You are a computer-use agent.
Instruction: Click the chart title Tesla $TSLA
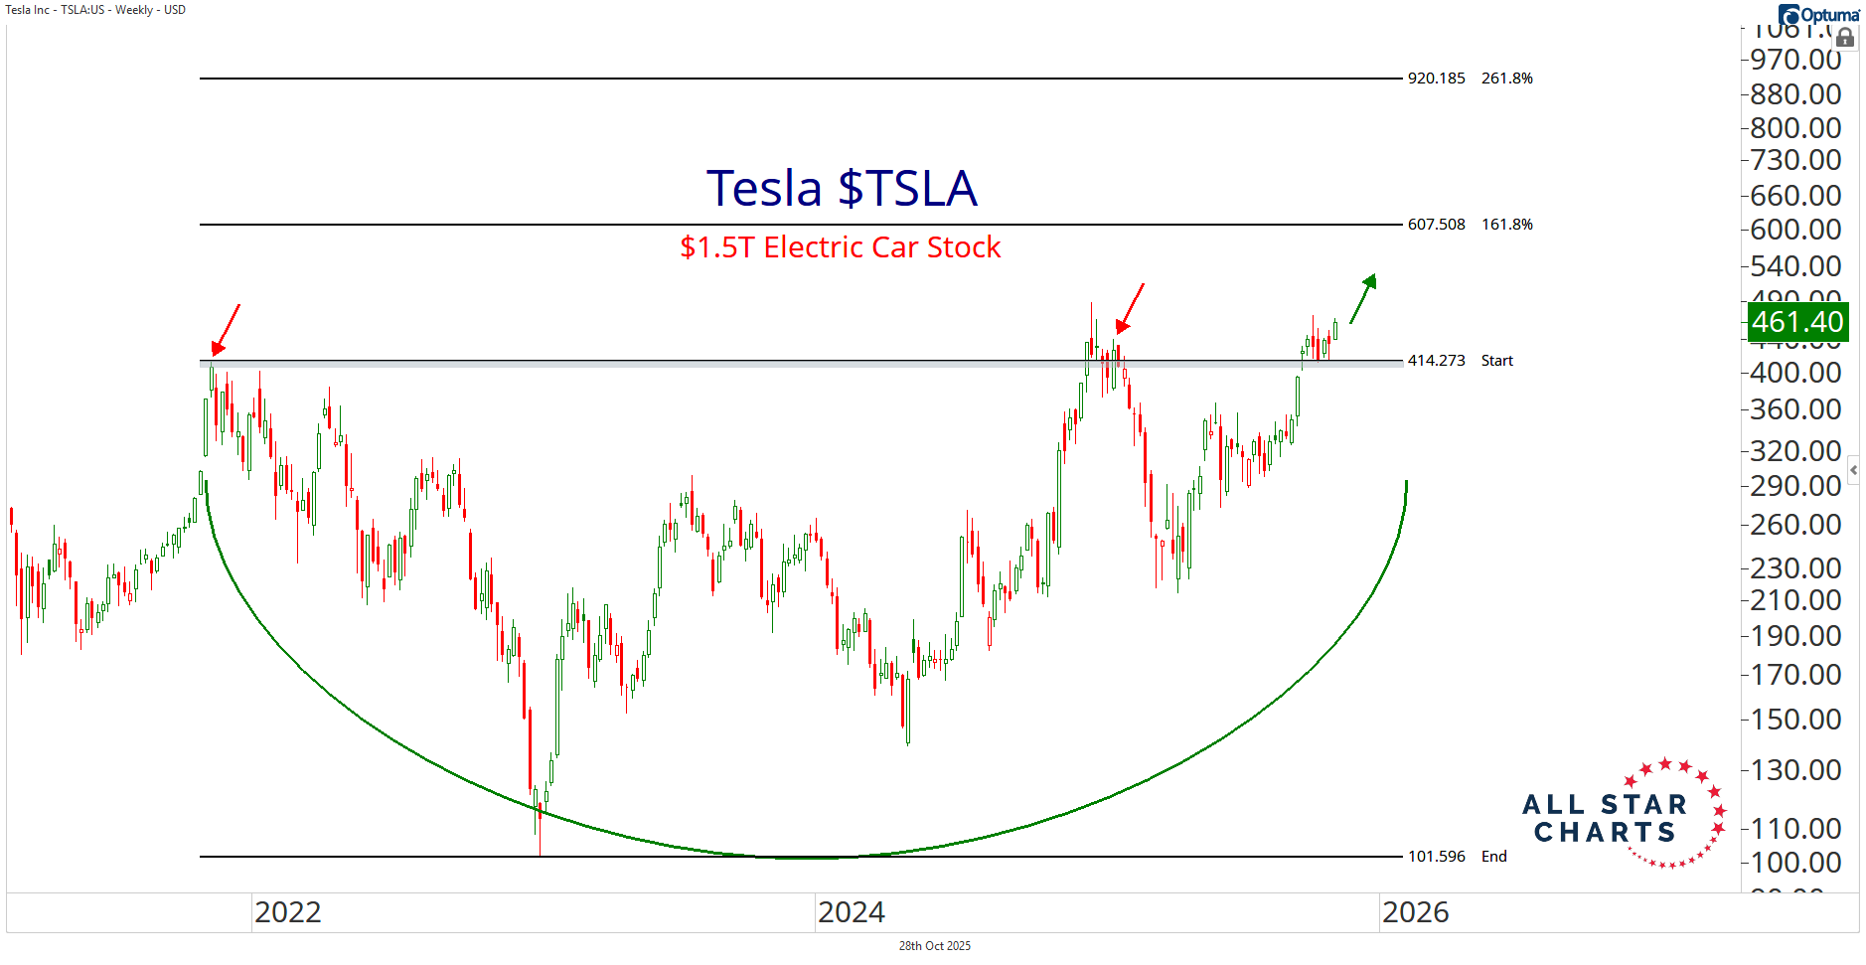pyautogui.click(x=842, y=188)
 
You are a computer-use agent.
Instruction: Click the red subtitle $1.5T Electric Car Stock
pyautogui.click(x=840, y=246)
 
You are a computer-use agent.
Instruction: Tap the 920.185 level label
pyautogui.click(x=1436, y=79)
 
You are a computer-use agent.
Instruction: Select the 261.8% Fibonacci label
pyautogui.click(x=1506, y=79)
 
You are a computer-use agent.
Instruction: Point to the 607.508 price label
pyautogui.click(x=1436, y=225)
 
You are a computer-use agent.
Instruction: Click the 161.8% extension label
pyautogui.click(x=1506, y=225)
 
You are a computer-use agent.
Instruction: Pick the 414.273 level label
pyautogui.click(x=1436, y=361)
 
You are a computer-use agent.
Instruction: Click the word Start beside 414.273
pyautogui.click(x=1496, y=361)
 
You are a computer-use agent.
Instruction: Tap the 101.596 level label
pyautogui.click(x=1436, y=857)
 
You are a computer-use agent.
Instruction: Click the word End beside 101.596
pyautogui.click(x=1493, y=857)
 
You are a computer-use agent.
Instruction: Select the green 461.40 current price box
pyautogui.click(x=1797, y=322)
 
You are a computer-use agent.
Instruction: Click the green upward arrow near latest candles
pyautogui.click(x=1363, y=298)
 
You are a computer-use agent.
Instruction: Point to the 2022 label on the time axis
pyautogui.click(x=287, y=912)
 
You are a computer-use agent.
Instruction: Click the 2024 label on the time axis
pyautogui.click(x=851, y=912)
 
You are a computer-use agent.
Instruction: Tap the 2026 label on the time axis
pyautogui.click(x=1415, y=912)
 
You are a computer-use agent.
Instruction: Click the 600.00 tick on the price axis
pyautogui.click(x=1795, y=230)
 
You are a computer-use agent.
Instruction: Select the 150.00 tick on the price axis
pyautogui.click(x=1795, y=720)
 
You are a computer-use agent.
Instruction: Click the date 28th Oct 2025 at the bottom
pyautogui.click(x=934, y=946)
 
